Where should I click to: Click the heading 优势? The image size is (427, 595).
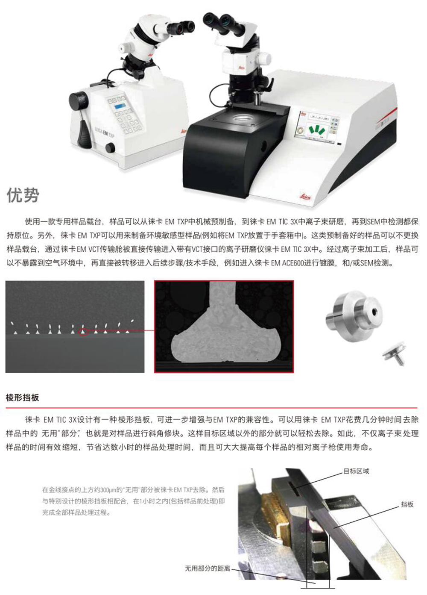[23, 195]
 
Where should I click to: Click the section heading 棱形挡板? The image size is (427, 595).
[22, 398]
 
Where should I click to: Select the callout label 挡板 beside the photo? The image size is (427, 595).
[407, 504]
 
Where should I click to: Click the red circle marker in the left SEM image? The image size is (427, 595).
[83, 332]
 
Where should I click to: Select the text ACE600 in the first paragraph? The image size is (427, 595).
[292, 263]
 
